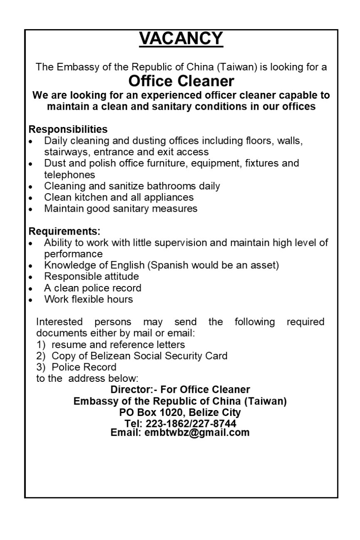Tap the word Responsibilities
click(68, 129)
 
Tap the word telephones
click(70, 174)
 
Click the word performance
click(73, 254)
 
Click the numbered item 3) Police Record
click(76, 367)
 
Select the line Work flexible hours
click(89, 300)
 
